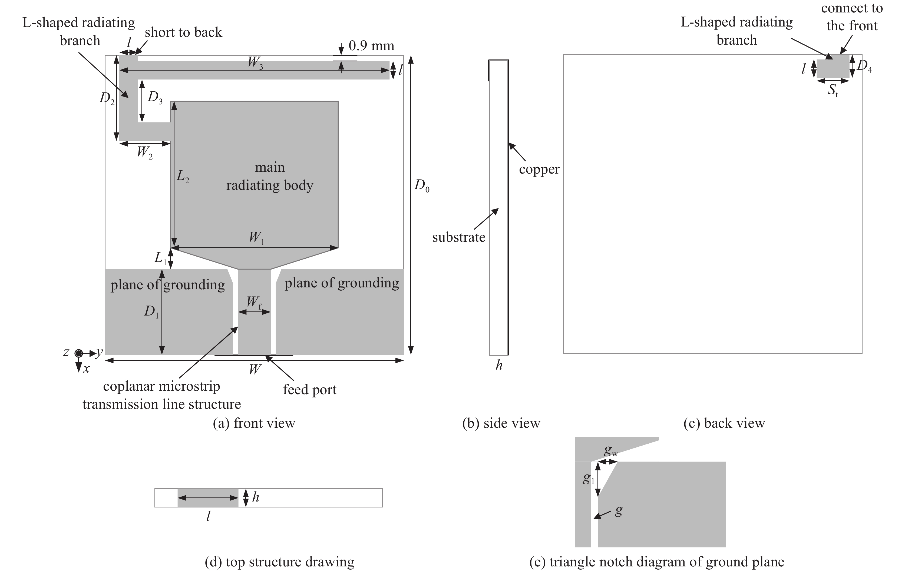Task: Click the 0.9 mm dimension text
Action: point(371,46)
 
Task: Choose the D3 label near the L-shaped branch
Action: point(155,97)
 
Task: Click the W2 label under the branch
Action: point(145,152)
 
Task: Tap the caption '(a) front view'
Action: point(254,423)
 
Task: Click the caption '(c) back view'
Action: point(724,423)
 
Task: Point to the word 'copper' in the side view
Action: point(539,170)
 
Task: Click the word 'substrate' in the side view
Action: point(458,237)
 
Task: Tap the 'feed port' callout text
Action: point(309,390)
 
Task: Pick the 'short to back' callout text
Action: point(183,32)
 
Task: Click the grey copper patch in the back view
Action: point(833,67)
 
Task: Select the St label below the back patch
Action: point(833,90)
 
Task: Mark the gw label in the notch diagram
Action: point(610,451)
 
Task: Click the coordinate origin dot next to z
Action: point(78,353)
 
